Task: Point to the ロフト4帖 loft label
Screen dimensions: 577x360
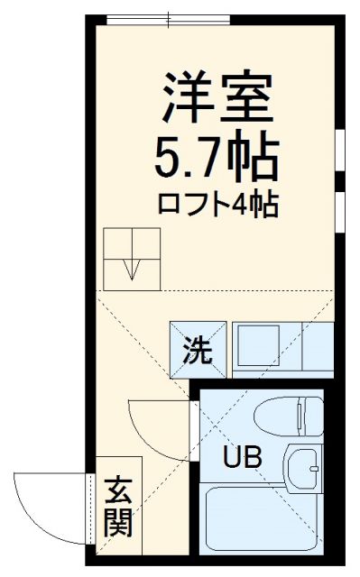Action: click(217, 204)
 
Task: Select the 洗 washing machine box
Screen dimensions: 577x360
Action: click(193, 349)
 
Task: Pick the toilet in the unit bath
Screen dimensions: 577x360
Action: click(287, 417)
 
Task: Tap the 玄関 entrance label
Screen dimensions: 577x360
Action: click(117, 507)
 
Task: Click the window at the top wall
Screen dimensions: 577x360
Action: click(168, 18)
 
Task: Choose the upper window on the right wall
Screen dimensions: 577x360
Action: click(342, 150)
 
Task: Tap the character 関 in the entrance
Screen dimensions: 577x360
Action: click(117, 522)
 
